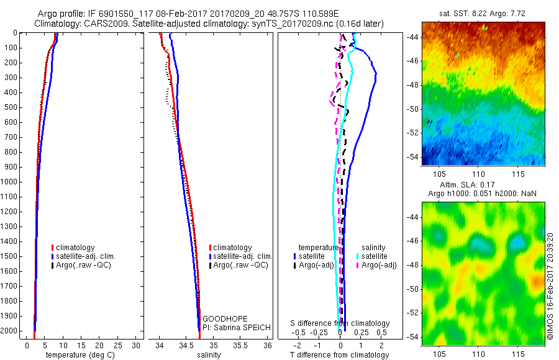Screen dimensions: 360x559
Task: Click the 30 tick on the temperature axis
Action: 137,345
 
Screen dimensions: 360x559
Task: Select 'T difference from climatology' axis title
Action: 339,355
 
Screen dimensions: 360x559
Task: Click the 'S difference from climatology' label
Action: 340,323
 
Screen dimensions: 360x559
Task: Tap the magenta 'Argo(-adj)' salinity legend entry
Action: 379,265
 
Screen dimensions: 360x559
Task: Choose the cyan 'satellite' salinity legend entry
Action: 375,256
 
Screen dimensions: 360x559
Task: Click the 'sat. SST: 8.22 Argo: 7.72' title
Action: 483,14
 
